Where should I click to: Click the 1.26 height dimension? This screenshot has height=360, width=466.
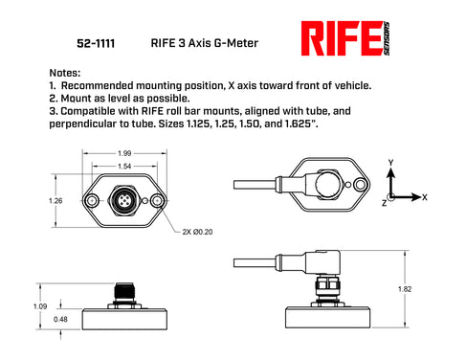[55, 201]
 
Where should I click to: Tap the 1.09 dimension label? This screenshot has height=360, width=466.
[40, 305]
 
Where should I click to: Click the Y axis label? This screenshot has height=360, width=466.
[389, 164]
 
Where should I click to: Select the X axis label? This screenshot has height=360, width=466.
[424, 195]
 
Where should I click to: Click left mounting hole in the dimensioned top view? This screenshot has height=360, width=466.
[92, 202]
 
